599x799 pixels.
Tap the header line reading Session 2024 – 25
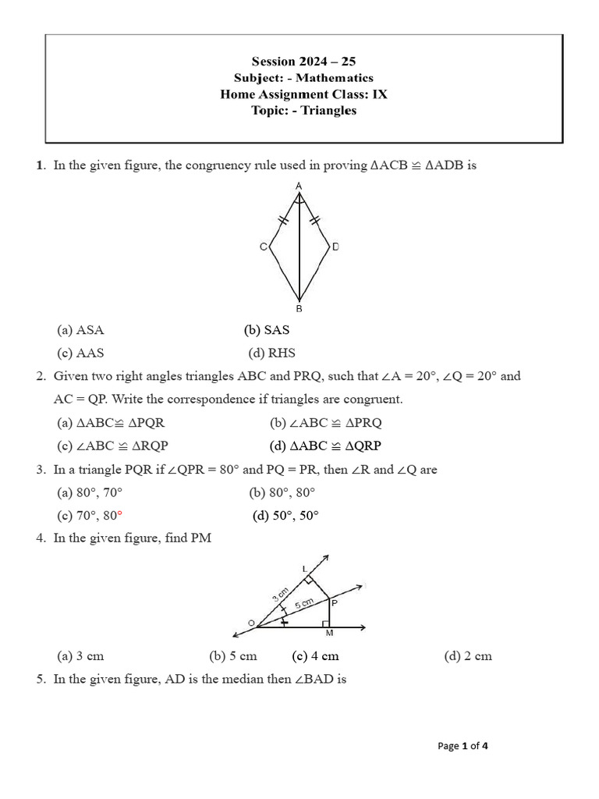click(303, 61)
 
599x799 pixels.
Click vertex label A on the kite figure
click(299, 186)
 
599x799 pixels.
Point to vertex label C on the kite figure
click(263, 247)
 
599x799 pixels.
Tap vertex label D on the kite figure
click(335, 247)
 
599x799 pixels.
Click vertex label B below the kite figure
click(299, 309)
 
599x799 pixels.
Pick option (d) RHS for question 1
click(271, 353)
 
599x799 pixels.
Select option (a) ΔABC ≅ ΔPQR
click(110, 423)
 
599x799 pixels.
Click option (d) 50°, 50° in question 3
click(285, 516)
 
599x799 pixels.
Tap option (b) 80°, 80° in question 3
click(282, 492)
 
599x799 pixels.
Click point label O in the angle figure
click(251, 622)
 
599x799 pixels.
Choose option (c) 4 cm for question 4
click(315, 656)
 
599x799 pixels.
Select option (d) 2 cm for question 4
click(468, 656)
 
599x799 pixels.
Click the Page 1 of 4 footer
click(463, 746)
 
